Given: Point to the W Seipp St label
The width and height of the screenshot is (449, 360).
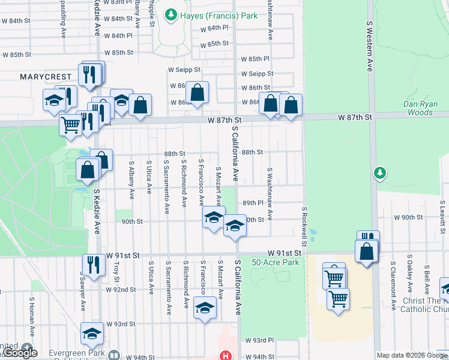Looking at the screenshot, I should [257, 74].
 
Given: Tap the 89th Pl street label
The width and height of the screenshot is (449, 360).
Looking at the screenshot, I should [253, 203].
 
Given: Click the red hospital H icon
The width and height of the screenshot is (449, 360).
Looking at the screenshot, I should [226, 355].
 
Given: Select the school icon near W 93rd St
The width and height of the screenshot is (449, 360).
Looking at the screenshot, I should [92, 333].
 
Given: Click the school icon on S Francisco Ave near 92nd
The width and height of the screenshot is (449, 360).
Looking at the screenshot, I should [205, 308].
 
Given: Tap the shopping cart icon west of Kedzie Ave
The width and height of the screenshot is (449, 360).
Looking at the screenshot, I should [70, 124].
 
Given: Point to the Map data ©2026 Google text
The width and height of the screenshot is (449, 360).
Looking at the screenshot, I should [412, 355].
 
